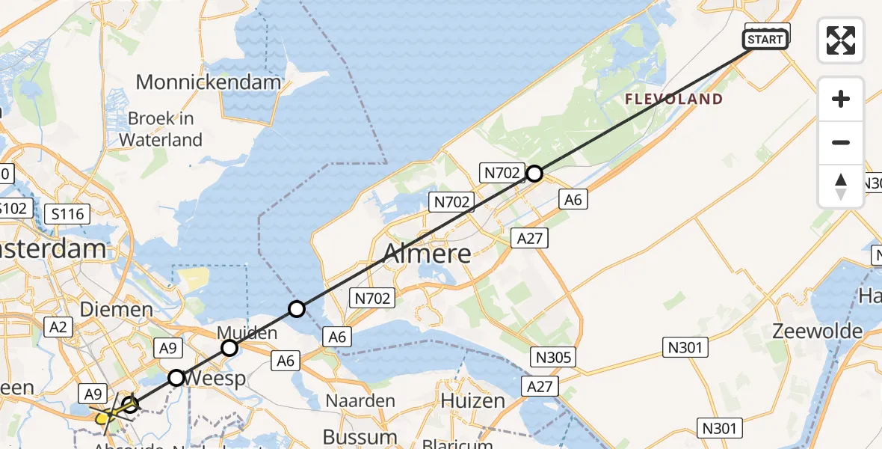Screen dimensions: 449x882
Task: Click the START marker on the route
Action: point(765,40)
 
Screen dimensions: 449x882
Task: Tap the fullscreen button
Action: point(841,40)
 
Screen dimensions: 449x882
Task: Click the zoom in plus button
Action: point(841,99)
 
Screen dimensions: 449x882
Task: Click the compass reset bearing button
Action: point(841,186)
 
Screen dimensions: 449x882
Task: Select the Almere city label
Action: point(428,253)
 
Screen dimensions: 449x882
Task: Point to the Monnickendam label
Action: point(209,82)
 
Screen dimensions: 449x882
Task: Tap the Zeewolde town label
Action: point(818,331)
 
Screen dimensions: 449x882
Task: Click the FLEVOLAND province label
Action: point(673,99)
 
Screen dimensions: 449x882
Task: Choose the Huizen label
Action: point(472,400)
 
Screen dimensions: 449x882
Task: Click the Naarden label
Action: point(361,400)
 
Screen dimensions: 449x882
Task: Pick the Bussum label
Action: point(360,436)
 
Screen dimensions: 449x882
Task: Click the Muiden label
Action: point(247,332)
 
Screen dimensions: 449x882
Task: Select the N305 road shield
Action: point(553,357)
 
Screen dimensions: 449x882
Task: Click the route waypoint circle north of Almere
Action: point(534,174)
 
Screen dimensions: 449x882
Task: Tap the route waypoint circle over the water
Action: point(297,308)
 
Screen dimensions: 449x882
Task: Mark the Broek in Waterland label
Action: point(161,129)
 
